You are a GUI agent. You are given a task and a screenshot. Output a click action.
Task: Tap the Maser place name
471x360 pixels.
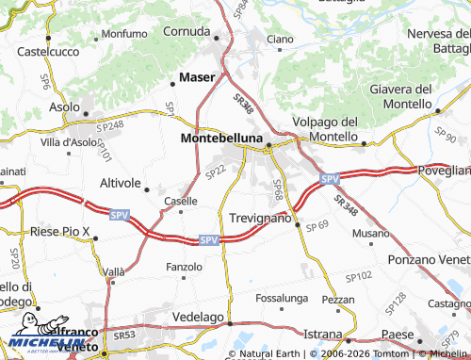196,76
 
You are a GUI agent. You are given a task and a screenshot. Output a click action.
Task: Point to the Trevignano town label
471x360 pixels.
261,218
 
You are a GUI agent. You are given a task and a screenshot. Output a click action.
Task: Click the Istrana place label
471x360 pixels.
322,334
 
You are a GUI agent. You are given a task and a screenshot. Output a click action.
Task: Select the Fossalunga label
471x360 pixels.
282,298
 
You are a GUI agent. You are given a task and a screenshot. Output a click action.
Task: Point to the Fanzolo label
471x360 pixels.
184,267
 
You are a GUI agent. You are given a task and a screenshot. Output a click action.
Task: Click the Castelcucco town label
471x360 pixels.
45,50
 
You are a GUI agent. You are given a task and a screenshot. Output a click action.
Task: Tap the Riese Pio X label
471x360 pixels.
59,231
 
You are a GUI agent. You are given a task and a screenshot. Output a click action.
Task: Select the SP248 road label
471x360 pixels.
110,124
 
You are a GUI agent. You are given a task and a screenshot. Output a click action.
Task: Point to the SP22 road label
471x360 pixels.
215,171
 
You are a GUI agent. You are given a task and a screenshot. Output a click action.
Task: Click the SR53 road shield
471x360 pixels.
124,335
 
